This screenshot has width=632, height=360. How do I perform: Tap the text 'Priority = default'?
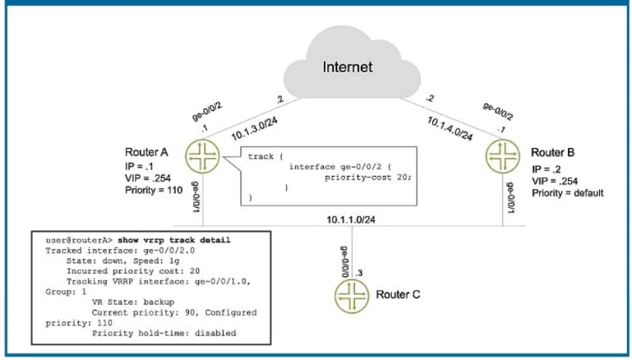568,193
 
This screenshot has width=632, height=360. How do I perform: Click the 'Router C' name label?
400,293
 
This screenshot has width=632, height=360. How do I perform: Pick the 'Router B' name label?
553,153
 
